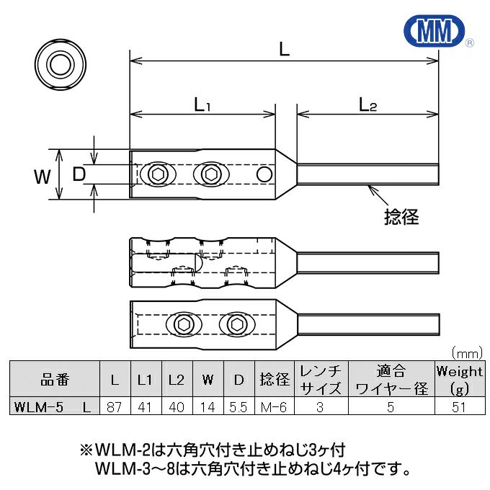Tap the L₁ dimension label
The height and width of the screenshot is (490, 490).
coord(203,105)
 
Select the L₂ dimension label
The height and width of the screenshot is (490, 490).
coord(367,105)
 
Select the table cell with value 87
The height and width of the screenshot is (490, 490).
coord(114,407)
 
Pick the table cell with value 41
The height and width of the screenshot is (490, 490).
coord(143,407)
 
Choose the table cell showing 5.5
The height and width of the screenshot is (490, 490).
coord(239,407)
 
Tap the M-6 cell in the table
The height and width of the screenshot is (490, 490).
coord(274,407)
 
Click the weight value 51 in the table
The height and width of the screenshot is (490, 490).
coord(459,407)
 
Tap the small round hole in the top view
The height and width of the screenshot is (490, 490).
coord(264,175)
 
